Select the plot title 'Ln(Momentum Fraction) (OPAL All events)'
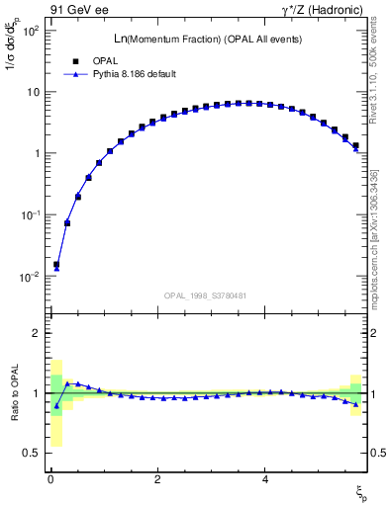click(208, 39)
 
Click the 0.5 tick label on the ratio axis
click(32, 454)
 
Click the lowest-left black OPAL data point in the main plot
click(56, 265)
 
